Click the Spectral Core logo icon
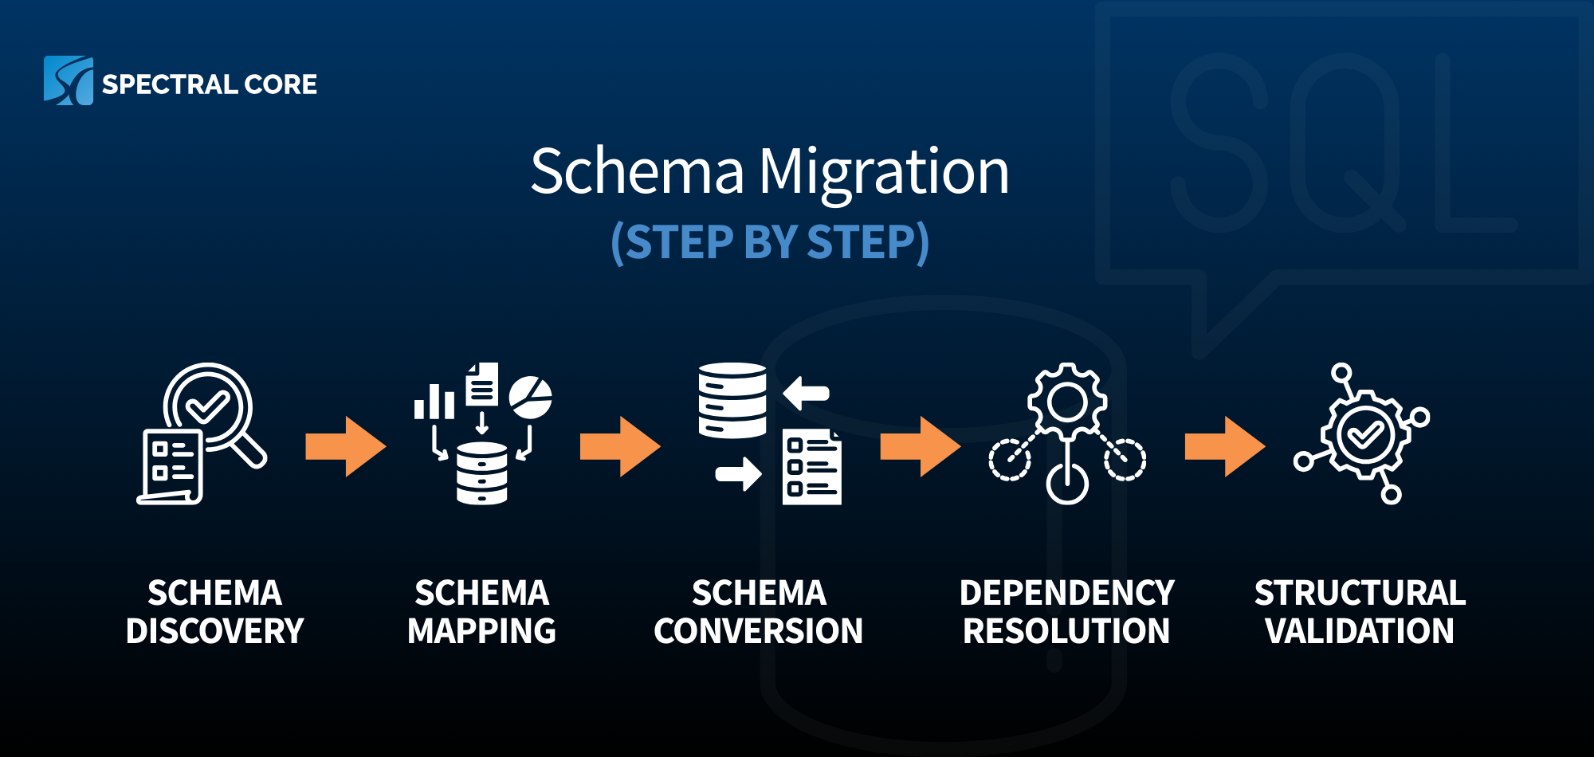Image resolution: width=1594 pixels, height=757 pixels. pos(68,80)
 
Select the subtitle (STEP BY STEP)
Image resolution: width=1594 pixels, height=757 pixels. pos(770,242)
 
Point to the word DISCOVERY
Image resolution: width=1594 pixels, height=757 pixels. pos(214,631)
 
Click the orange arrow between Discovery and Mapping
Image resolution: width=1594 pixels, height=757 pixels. pos(345,447)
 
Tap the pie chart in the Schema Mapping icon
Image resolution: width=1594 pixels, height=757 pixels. pos(531,398)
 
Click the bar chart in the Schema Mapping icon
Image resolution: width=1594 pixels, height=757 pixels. pos(434,402)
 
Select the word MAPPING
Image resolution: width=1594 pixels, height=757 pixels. pos(481,631)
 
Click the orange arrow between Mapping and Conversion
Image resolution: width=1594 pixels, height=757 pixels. pos(620,447)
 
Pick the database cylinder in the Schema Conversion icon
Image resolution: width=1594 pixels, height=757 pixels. pos(732,401)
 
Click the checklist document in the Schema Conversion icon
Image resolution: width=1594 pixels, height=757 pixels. pos(811,468)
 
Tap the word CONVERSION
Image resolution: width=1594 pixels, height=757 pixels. pos(758,631)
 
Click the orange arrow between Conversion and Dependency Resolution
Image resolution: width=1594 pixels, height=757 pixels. pos(920,447)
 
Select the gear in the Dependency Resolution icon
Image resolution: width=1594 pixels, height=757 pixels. pos(1067,402)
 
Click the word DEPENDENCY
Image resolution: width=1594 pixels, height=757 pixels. pos(1066,593)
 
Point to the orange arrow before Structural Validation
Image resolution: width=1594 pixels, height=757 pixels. pos(1224,447)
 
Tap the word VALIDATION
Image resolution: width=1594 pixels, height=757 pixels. pos(1360,631)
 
